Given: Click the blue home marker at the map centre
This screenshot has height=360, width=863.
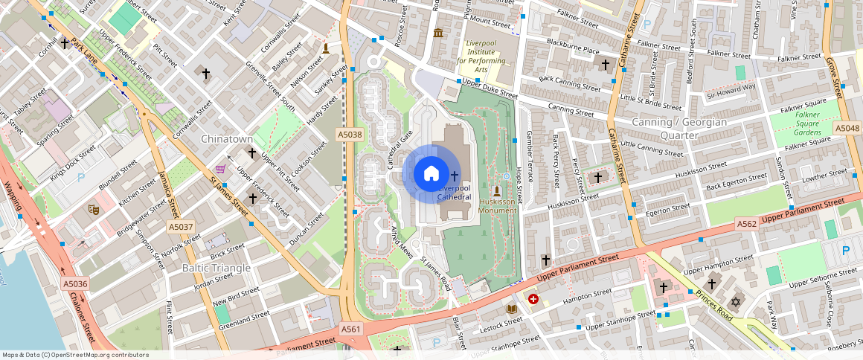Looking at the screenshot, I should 431,174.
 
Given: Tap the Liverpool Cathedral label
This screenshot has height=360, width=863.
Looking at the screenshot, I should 454,193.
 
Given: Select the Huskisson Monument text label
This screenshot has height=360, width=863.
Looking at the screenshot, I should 498,206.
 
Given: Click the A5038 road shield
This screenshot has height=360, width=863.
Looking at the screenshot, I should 349,135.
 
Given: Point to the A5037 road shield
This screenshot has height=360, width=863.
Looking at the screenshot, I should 181,226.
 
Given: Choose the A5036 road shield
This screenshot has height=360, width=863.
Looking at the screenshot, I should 75,283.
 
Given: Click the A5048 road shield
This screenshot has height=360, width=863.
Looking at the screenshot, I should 847,128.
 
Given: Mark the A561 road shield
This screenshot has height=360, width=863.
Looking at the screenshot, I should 351,328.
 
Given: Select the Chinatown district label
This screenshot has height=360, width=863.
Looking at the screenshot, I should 227,139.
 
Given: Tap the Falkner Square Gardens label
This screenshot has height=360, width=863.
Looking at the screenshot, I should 806,123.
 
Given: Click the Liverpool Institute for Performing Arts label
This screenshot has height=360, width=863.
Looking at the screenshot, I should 486,57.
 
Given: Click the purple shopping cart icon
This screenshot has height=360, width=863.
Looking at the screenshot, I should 220,169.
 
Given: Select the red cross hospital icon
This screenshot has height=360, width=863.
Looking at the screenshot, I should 533,299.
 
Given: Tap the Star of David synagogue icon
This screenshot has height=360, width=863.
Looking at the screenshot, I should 737,302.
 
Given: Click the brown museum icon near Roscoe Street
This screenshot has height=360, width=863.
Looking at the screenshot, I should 437,33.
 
